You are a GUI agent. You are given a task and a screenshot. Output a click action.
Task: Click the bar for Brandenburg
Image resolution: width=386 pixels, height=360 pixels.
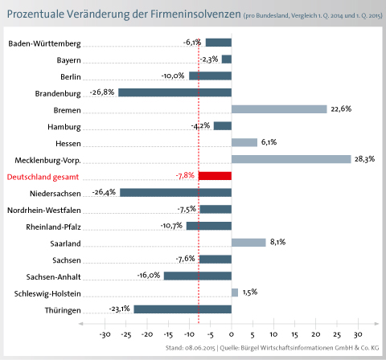[175, 92]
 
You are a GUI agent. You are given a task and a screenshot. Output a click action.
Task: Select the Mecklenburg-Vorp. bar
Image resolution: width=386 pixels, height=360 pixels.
[291, 159]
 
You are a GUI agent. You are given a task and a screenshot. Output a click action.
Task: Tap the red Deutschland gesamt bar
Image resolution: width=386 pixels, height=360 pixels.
[215, 176]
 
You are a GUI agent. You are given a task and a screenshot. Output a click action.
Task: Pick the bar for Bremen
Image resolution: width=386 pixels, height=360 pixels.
[279, 109]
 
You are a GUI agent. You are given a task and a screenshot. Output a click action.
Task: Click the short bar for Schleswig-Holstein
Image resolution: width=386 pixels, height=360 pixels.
[235, 292]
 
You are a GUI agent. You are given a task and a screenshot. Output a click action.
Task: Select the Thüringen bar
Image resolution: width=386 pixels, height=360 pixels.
[183, 309]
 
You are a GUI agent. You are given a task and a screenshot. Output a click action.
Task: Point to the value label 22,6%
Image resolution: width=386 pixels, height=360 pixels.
[341, 109]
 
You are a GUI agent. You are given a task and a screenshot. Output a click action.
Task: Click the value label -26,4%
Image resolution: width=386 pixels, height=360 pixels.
[104, 192]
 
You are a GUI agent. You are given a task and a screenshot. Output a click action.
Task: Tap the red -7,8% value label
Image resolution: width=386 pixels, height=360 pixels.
[185, 176]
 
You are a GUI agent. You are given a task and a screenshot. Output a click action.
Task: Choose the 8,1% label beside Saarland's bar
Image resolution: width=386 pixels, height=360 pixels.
[277, 242]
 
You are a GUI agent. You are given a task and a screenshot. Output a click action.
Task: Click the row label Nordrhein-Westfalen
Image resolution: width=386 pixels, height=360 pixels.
[44, 211]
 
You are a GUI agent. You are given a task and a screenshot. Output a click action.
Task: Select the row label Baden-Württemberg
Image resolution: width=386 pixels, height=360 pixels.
[44, 43]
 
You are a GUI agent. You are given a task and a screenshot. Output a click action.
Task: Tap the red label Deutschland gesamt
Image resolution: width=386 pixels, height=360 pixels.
[43, 177]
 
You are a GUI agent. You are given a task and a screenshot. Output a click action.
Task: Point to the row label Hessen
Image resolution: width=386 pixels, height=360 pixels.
[68, 144]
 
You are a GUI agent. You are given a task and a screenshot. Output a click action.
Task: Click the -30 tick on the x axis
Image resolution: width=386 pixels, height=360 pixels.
[105, 334]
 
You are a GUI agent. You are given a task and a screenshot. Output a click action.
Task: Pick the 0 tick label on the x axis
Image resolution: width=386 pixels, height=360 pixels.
[232, 334]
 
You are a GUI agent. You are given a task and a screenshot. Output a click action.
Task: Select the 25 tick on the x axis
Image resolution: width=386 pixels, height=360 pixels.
[337, 334]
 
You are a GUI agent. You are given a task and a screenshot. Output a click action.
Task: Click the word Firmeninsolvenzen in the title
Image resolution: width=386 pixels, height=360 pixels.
[195, 14]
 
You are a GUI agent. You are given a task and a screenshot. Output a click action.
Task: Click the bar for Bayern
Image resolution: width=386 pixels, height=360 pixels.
[227, 59]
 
